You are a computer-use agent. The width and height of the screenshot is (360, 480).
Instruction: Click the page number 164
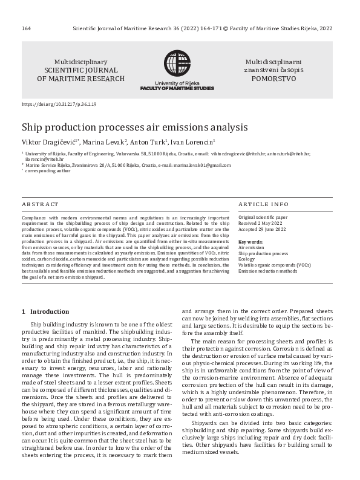click(x=26, y=28)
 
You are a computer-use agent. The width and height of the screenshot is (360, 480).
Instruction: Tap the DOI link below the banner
click(x=59, y=105)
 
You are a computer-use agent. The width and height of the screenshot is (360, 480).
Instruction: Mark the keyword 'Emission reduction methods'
click(x=268, y=271)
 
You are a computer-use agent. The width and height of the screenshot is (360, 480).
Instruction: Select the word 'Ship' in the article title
click(x=31, y=127)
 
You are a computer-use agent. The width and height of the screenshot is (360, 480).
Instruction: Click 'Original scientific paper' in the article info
click(x=263, y=216)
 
